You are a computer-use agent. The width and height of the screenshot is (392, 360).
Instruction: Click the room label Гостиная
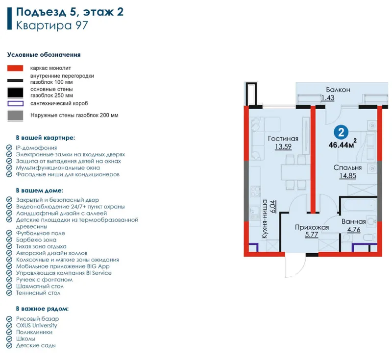(283, 139)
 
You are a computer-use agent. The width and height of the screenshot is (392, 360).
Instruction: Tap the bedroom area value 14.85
(347, 176)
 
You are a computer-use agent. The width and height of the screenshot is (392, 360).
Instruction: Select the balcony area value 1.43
(328, 97)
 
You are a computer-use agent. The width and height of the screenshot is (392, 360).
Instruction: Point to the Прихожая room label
(312, 227)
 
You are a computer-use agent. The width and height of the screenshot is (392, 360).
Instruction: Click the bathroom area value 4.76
(354, 229)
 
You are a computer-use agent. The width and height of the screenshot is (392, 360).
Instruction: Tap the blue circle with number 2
(341, 132)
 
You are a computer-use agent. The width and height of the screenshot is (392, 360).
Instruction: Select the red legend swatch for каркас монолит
(15, 68)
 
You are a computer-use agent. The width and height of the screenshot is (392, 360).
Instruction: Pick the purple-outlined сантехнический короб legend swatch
(15, 103)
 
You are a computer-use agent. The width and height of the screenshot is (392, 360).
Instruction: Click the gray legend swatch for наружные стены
(15, 116)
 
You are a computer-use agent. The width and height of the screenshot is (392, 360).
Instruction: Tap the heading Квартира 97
(52, 25)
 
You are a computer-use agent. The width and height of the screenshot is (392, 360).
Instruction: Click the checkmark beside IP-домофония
(9, 147)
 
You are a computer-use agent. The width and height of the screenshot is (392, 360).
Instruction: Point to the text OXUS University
(36, 326)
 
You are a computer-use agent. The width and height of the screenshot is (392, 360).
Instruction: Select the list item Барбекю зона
(36, 240)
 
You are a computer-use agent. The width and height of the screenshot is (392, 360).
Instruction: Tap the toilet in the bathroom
(370, 238)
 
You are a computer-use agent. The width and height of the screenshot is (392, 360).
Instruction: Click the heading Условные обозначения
(44, 55)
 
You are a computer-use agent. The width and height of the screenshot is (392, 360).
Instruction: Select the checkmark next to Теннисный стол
(9, 292)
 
